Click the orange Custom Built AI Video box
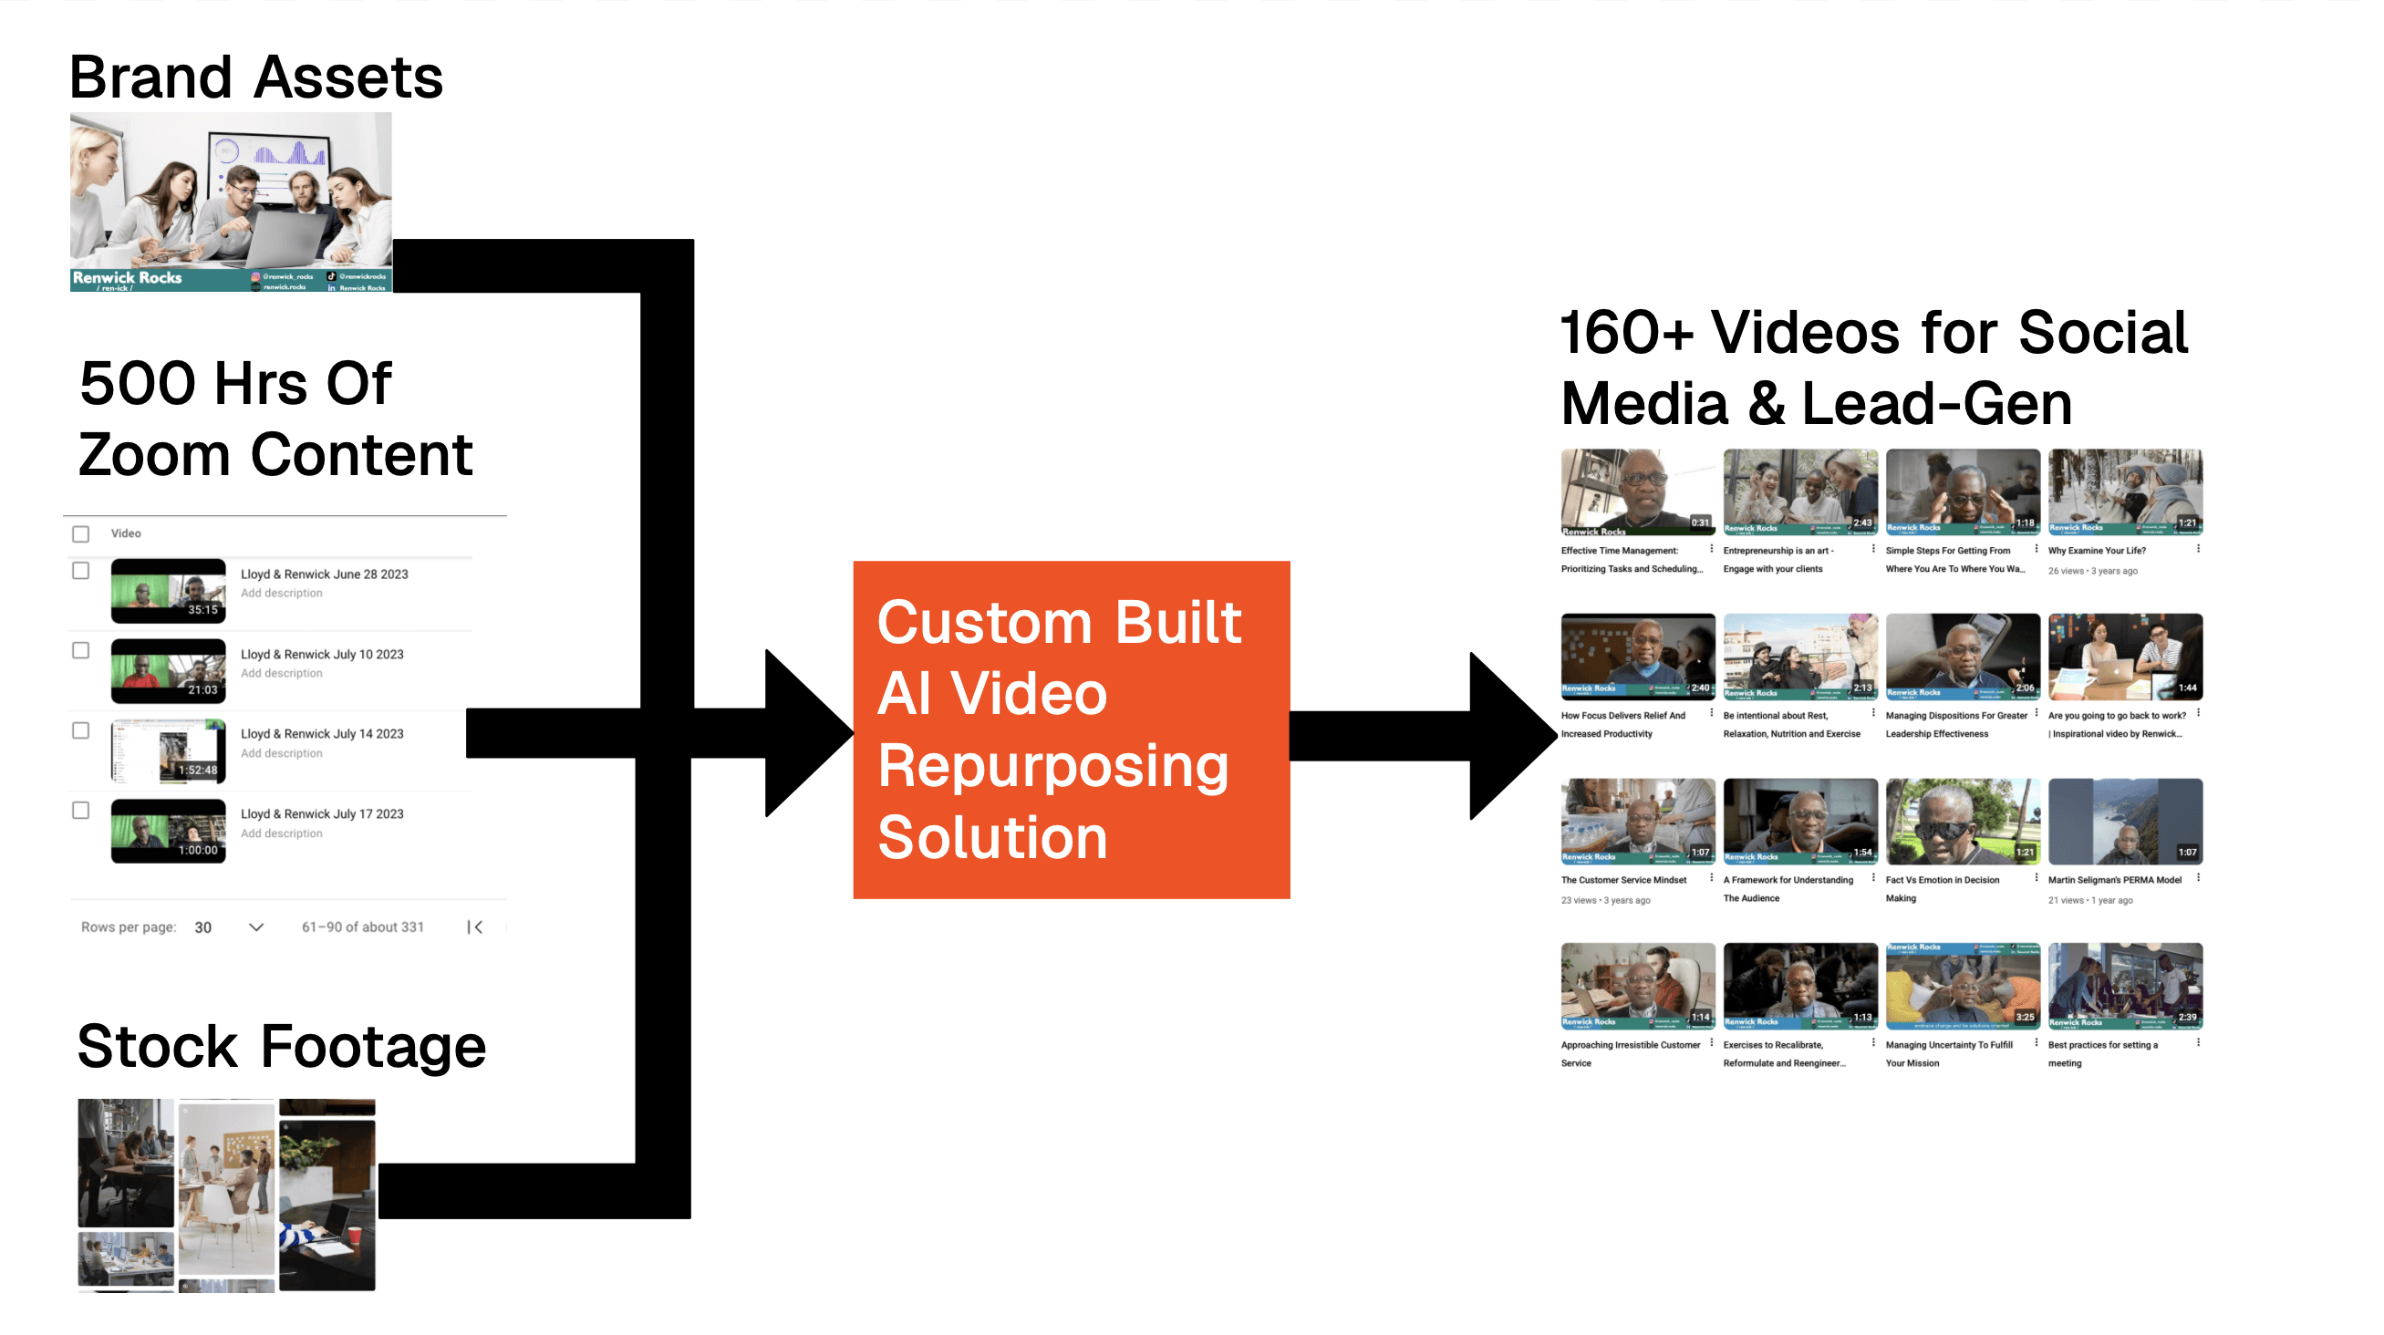(x=1071, y=729)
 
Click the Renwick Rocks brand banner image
(x=232, y=202)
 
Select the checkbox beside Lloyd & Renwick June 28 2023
(x=81, y=571)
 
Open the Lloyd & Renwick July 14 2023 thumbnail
(x=169, y=750)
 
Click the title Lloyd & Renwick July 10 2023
(x=322, y=654)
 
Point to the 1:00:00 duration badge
(x=198, y=849)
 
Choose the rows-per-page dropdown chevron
(x=256, y=927)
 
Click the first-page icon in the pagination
(x=476, y=927)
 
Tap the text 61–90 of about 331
(x=363, y=927)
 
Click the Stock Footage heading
(x=281, y=1046)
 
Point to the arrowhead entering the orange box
(x=805, y=733)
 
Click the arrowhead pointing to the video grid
(x=1508, y=736)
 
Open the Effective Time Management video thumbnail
(x=1637, y=492)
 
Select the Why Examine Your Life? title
(x=2096, y=551)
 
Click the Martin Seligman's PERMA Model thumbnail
(x=2125, y=821)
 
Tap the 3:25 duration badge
(x=2025, y=1017)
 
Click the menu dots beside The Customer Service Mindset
(x=1711, y=877)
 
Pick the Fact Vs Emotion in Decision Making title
(x=1942, y=888)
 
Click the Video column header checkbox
(x=81, y=533)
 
